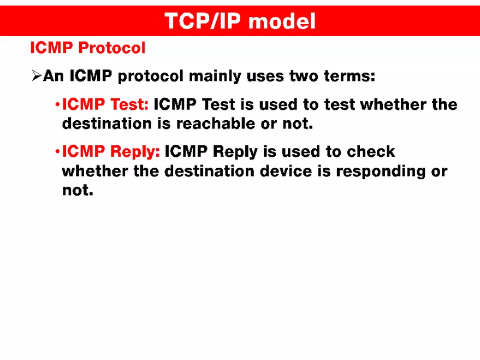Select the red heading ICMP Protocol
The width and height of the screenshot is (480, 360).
88,48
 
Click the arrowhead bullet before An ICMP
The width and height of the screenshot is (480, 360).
36,76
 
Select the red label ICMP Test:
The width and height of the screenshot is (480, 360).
105,104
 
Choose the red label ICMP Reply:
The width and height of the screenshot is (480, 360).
111,151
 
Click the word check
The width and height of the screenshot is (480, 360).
371,151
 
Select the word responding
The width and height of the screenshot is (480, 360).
374,171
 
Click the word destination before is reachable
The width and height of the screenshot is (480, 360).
107,123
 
